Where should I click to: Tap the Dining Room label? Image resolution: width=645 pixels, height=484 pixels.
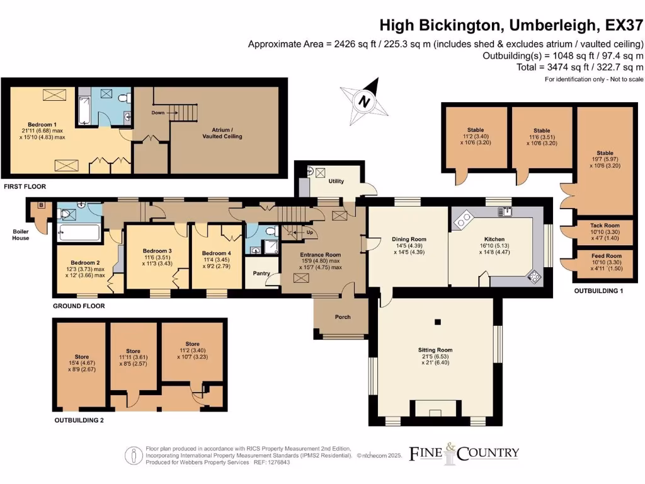point(409,239)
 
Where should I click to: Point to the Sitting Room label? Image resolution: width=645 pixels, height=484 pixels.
point(435,350)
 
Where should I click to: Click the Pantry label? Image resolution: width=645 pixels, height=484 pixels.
point(261,274)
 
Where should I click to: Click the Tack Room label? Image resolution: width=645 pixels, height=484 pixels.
point(605,226)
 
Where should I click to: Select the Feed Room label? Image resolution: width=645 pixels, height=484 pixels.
point(605,256)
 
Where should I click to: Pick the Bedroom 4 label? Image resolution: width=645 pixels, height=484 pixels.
point(217,253)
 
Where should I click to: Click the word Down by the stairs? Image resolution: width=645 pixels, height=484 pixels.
point(158,112)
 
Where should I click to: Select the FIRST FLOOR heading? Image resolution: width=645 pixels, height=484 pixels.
point(25,187)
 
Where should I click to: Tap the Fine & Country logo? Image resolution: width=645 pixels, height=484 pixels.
point(464,452)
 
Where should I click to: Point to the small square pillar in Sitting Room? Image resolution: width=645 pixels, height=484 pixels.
point(435,323)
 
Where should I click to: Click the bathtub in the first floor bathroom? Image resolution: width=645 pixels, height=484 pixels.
point(83,111)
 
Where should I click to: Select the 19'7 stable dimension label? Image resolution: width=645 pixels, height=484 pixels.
point(605,159)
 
